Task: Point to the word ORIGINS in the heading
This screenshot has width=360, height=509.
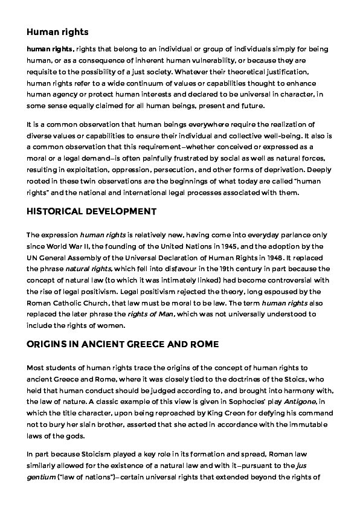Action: pyautogui.click(x=48, y=344)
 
